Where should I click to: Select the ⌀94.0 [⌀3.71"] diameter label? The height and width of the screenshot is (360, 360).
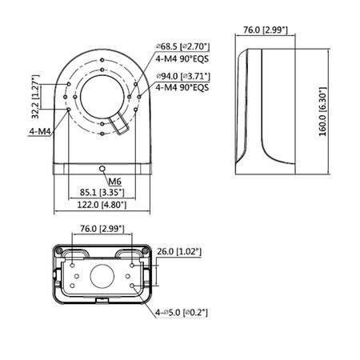pos(183,77)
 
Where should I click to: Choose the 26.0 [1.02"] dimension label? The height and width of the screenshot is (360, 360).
pos(180,253)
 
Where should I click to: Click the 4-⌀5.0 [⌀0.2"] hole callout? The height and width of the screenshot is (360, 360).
pos(183,312)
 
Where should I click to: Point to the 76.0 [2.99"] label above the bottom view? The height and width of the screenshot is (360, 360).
pos(102,230)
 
